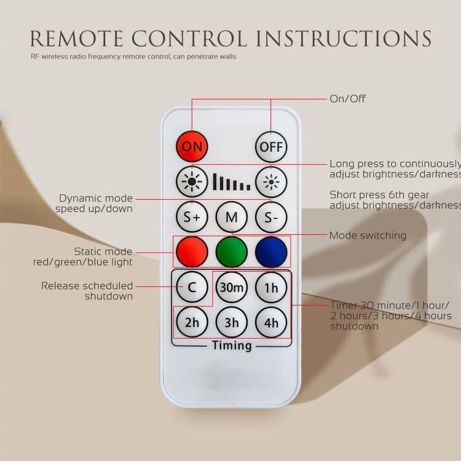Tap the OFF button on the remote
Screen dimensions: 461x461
271,147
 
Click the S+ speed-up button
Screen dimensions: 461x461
192,217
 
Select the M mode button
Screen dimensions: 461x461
231,217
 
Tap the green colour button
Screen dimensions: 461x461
231,252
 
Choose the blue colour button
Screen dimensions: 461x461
271,252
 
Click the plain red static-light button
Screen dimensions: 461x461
192,252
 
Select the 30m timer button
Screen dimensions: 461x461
231,287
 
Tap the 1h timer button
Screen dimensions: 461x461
271,287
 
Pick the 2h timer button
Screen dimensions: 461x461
192,322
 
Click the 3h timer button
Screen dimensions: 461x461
231,322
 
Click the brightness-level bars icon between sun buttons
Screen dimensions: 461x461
232,182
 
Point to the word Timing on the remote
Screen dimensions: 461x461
232,345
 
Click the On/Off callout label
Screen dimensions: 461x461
347,99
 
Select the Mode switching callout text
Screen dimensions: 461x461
368,235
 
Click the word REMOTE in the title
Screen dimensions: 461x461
76,39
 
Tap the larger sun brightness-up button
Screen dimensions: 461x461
192,182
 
